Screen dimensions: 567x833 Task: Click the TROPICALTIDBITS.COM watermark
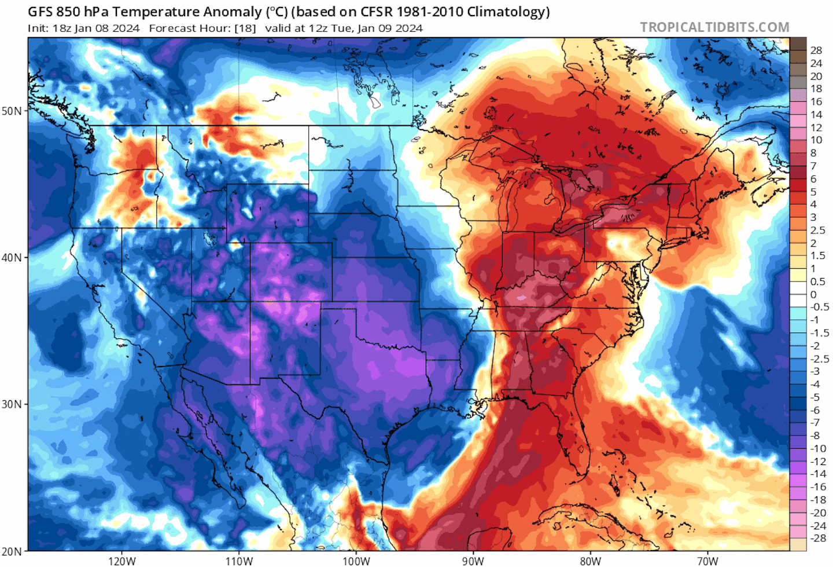714,27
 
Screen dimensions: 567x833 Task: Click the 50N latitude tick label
12,111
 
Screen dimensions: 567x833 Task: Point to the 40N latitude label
12,257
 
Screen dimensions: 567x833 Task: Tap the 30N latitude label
12,404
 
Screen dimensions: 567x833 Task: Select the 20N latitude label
12,551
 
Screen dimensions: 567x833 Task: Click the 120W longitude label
121,561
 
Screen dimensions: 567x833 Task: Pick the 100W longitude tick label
356,561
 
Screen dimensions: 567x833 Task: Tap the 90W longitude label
473,561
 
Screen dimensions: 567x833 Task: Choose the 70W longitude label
707,561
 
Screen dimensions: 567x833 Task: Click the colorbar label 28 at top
816,50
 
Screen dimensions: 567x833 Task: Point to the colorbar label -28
818,538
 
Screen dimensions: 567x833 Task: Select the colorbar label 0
813,294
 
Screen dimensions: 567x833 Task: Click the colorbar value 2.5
817,230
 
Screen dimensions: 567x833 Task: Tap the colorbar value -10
818,448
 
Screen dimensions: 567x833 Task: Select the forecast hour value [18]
245,28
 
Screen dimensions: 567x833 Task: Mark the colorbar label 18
816,89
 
